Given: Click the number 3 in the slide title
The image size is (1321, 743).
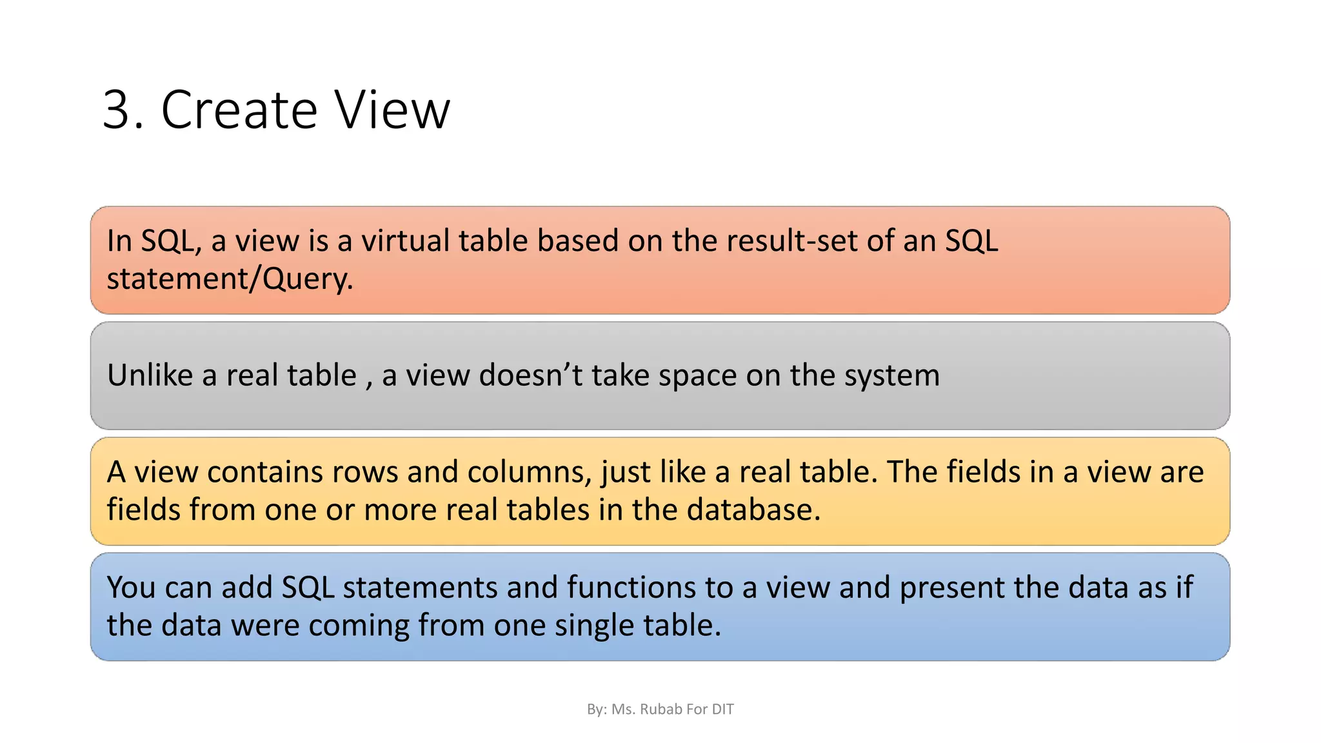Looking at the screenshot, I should (x=117, y=110).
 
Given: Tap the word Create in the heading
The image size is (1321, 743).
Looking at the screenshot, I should (x=239, y=110).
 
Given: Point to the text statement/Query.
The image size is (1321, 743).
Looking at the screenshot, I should (x=230, y=279).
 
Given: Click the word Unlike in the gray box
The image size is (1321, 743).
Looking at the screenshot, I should (x=150, y=375).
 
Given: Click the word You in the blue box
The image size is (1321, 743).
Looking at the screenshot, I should (x=131, y=588).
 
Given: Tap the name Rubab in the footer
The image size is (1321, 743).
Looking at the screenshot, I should (x=660, y=709).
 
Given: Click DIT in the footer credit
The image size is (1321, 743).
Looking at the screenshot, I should (x=722, y=709).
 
